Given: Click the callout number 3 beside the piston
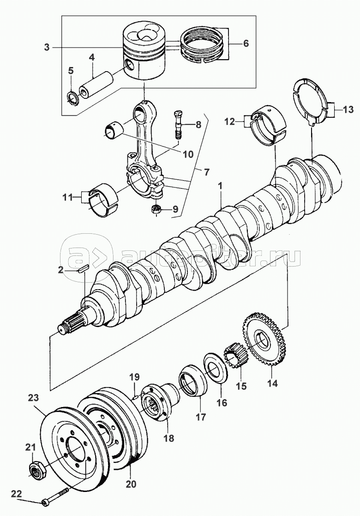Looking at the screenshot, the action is click(47, 48).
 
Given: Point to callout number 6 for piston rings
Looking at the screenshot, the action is click(245, 43).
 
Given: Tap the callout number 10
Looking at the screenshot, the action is click(188, 154).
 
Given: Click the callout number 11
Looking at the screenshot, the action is click(68, 197).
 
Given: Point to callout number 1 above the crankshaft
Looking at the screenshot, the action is click(220, 186).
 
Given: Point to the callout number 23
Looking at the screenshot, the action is click(34, 398).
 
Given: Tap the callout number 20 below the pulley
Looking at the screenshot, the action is click(131, 484).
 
